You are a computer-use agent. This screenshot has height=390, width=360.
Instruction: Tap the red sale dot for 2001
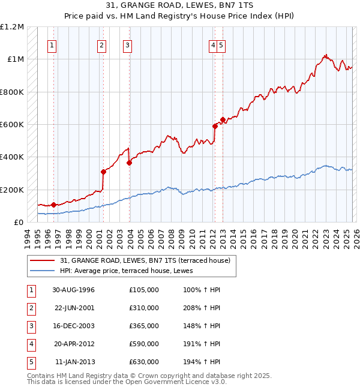click(x=103, y=172)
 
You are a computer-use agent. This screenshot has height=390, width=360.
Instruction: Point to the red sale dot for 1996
click(x=53, y=205)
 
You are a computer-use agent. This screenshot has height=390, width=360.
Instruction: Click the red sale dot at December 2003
click(x=129, y=163)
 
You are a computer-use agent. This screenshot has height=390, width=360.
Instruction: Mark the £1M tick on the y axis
click(x=16, y=59)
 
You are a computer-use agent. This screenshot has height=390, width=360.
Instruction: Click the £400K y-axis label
click(x=12, y=157)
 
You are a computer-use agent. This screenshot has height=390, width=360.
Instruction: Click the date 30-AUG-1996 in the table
click(x=73, y=290)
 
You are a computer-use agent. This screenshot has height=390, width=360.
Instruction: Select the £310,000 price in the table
click(x=143, y=308)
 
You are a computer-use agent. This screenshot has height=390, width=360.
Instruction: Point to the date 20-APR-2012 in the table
click(x=73, y=344)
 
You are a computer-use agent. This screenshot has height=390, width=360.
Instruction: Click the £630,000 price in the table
click(x=143, y=362)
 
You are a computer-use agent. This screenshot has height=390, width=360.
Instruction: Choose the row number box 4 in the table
click(x=31, y=344)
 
